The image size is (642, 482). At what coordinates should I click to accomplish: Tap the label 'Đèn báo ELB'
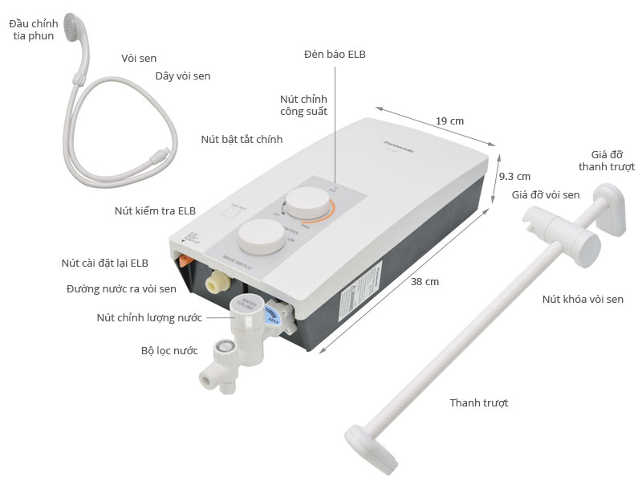coord(335,54)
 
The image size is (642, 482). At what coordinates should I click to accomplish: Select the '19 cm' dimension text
coord(450,120)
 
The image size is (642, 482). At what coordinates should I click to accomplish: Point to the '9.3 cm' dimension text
coord(514,176)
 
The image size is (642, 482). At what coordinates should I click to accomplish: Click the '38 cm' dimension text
coord(426,281)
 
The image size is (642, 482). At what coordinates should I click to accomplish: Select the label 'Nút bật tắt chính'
coord(242,139)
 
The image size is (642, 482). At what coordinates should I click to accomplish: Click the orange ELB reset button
coord(183,260)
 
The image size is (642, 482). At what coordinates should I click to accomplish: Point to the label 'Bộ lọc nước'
coord(169,350)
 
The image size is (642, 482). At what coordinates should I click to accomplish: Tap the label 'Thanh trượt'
coord(479,402)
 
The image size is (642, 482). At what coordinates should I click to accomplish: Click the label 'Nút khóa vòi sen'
coord(583,299)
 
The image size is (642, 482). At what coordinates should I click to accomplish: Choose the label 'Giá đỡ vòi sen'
coord(546,194)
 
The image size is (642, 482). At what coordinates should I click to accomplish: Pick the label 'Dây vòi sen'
coord(183,76)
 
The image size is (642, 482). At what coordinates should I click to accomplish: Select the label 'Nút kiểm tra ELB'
coord(155,211)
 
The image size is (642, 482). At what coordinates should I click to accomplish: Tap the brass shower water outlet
coord(216,282)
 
